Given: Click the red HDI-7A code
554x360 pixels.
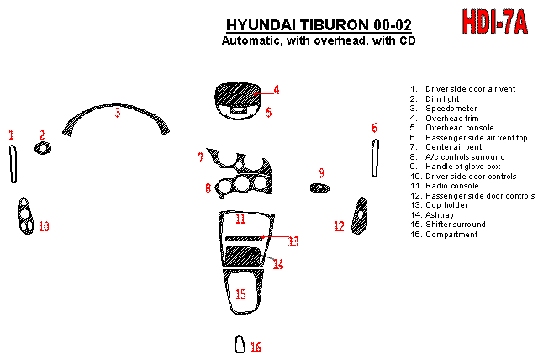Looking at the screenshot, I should click(x=495, y=21).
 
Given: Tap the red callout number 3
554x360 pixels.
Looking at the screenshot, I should click(x=118, y=112).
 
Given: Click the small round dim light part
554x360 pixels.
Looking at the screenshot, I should click(x=41, y=149).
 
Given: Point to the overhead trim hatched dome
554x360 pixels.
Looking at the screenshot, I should click(x=239, y=93).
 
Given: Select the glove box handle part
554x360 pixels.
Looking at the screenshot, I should click(x=319, y=187).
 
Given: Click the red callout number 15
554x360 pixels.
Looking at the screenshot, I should click(x=240, y=294).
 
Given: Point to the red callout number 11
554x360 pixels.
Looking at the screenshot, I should click(x=240, y=219).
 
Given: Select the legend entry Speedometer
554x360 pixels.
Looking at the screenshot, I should click(x=451, y=109).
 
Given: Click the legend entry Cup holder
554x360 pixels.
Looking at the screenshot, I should click(x=446, y=205).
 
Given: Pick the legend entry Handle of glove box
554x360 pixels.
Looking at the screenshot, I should click(x=459, y=167).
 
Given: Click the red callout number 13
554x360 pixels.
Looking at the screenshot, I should click(x=293, y=241).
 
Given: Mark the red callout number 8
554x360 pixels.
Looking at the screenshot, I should click(x=208, y=188).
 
